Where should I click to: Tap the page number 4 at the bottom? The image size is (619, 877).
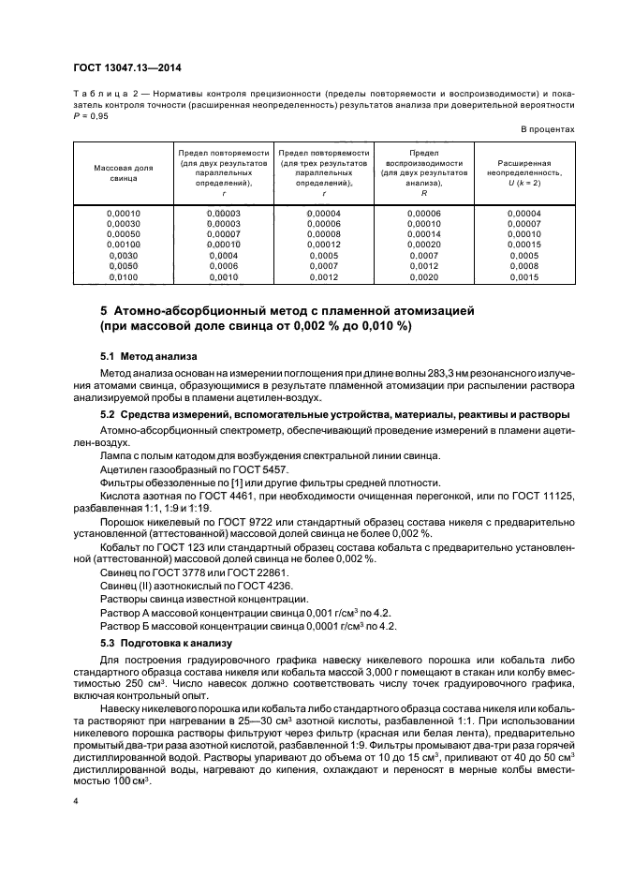tap(77, 802)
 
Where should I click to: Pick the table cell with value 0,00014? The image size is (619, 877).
tap(424, 233)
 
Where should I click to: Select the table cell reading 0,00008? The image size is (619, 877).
tap(324, 233)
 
